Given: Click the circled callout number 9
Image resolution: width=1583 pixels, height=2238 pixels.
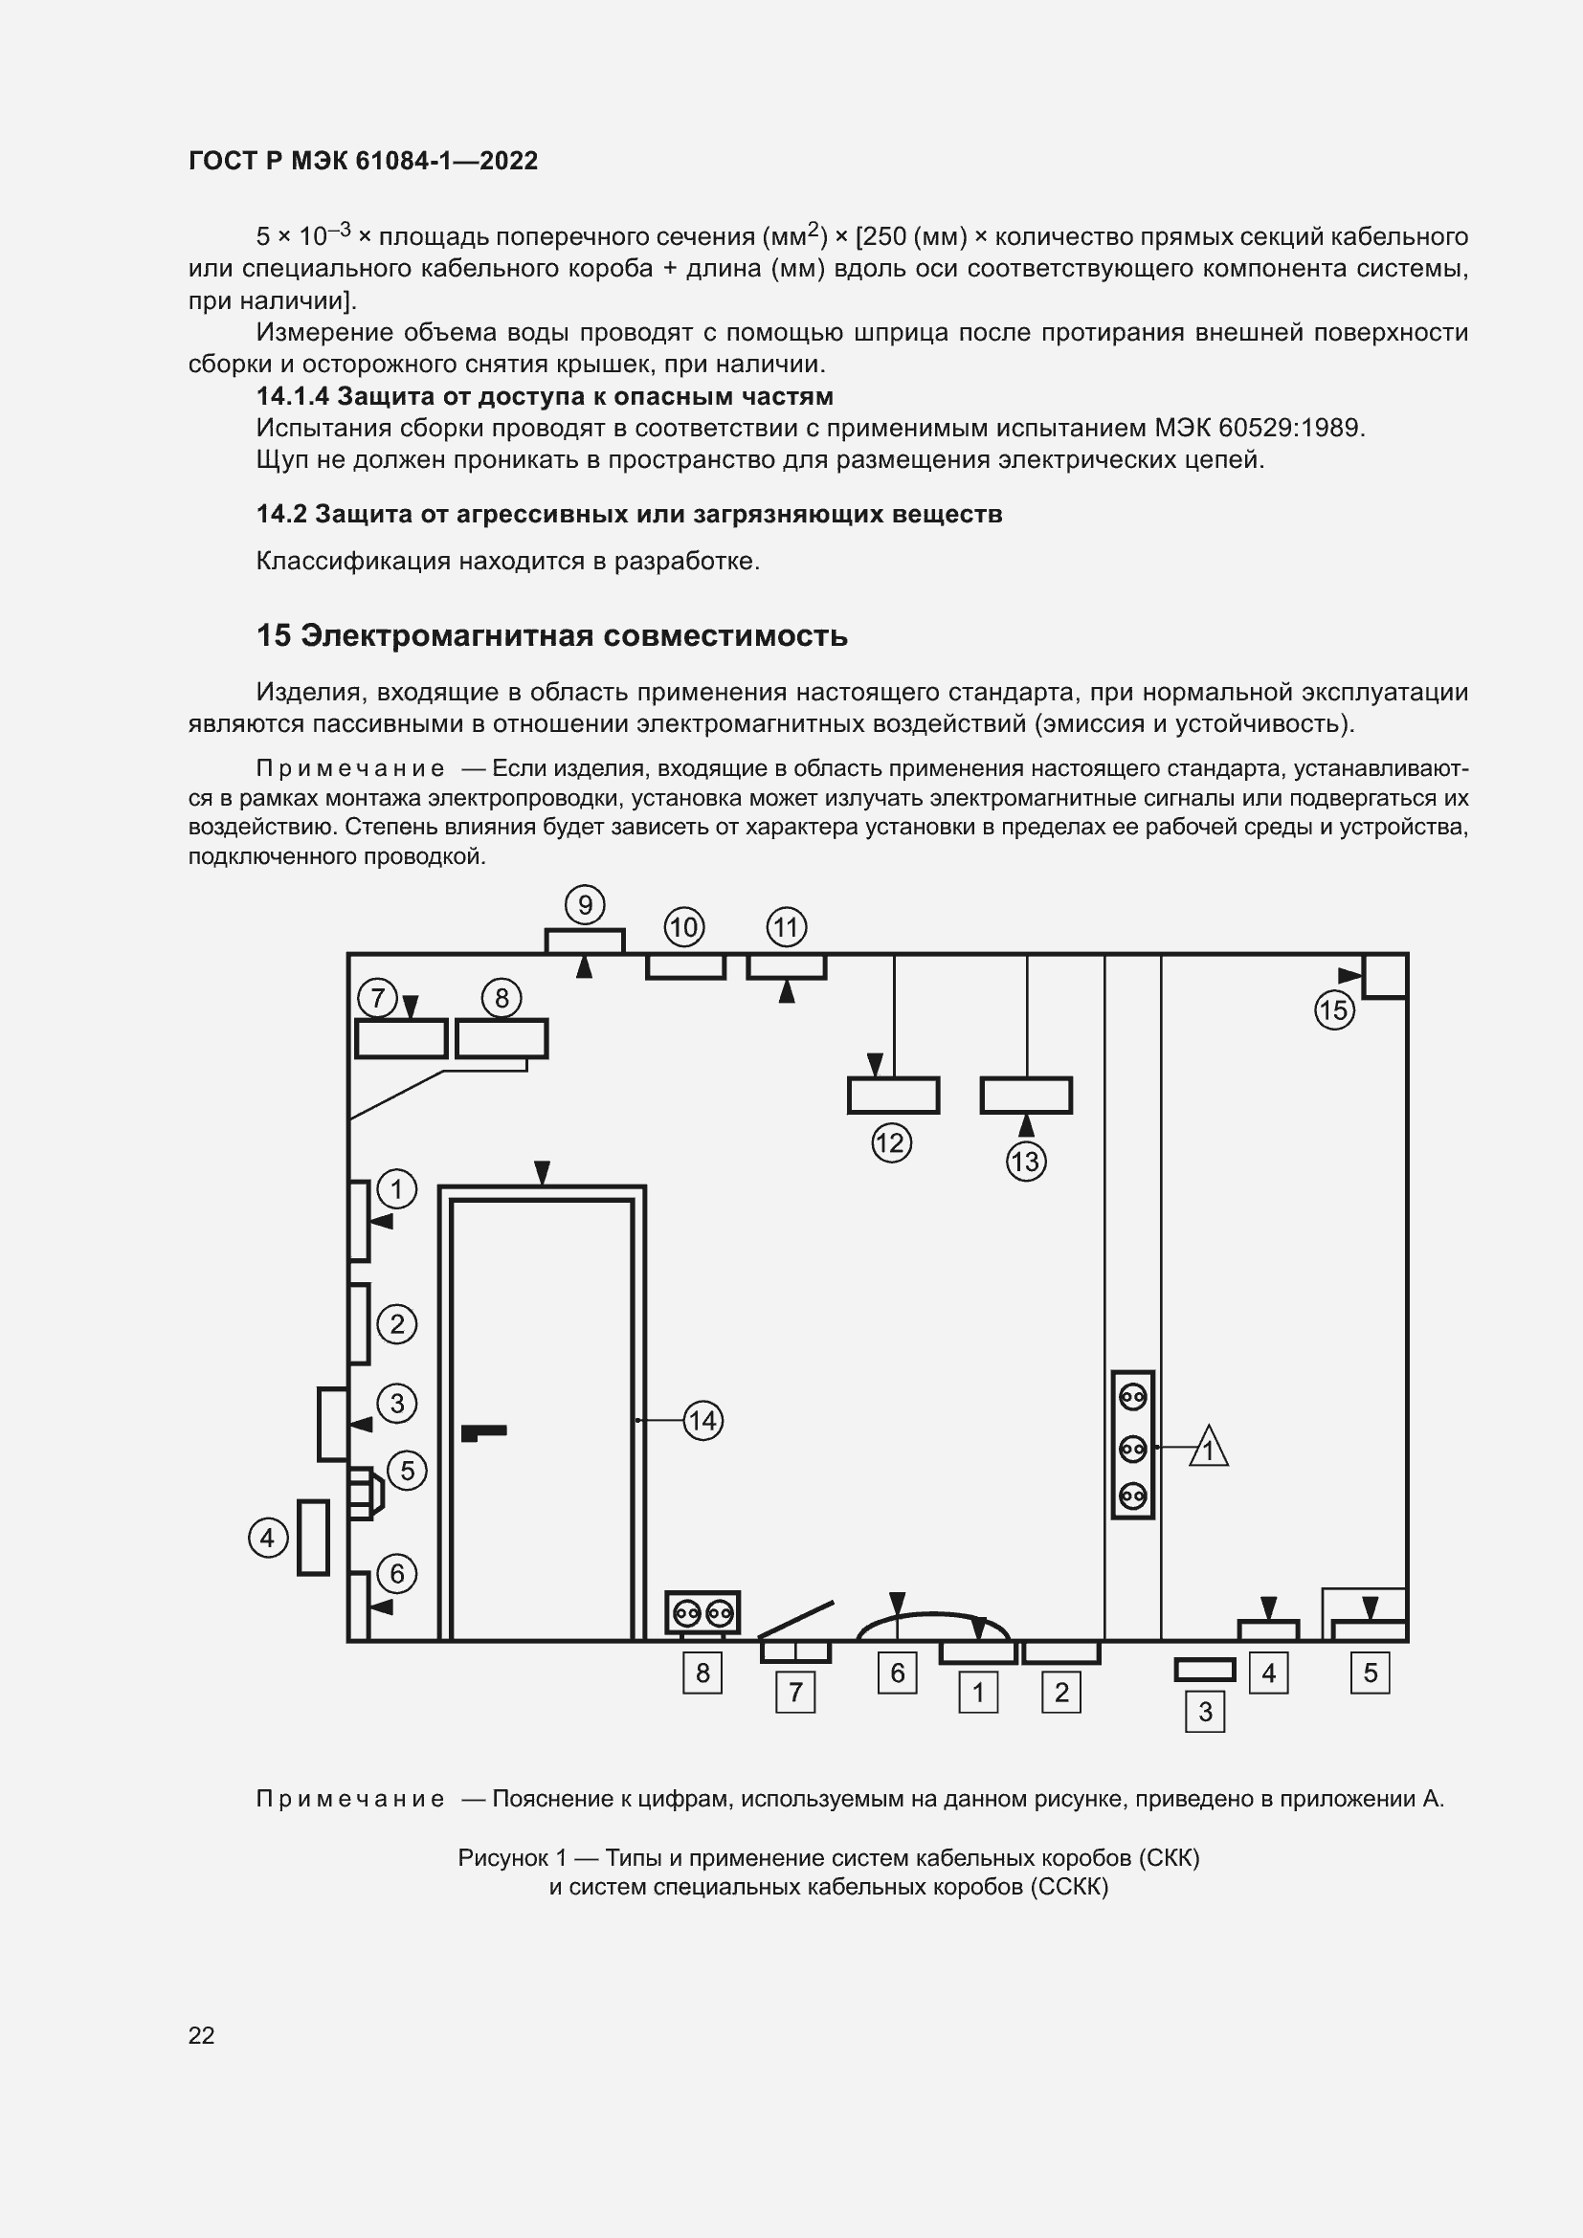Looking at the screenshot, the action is tap(585, 905).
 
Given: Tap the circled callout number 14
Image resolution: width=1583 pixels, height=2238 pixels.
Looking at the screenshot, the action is tap(702, 1420).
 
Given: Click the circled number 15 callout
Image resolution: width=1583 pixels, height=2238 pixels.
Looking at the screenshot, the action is tap(1334, 1009).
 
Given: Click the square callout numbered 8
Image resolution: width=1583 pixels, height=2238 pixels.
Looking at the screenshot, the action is tap(702, 1673).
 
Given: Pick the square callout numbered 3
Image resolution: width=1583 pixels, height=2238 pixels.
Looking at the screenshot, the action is tap(1205, 1712).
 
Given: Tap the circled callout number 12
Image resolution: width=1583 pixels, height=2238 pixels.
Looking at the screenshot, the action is tap(891, 1142).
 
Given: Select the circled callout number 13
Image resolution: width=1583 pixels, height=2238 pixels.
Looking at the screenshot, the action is tap(1025, 1162).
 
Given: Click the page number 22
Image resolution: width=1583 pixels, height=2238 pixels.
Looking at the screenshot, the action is tap(202, 2035).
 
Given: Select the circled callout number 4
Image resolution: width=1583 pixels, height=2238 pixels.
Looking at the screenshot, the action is tap(268, 1540).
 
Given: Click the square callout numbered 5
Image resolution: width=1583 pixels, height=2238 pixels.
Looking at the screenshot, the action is tap(1370, 1673).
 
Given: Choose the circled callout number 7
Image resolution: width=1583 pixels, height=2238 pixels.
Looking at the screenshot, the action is tap(377, 998).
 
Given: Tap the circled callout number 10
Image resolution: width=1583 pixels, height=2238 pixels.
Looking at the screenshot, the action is tap(684, 927).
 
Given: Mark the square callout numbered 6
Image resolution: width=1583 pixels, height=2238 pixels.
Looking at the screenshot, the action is tap(897, 1673).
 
